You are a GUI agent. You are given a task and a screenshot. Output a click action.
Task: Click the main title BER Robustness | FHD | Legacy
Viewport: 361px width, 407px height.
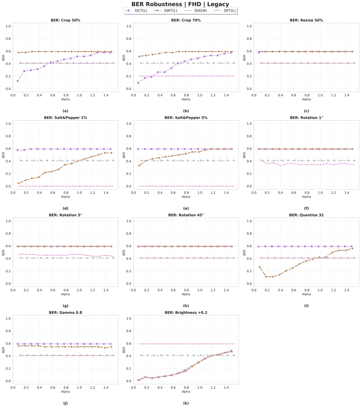[x=180, y=4]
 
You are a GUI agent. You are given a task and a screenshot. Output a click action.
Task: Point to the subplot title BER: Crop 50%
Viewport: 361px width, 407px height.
[x=65, y=20]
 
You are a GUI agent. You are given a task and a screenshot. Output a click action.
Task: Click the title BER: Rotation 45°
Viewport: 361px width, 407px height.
[x=186, y=215]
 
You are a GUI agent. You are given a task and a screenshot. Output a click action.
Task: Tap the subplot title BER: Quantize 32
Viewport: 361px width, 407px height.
[x=306, y=215]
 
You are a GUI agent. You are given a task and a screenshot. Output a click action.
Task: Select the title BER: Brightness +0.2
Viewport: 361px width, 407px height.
[x=186, y=313]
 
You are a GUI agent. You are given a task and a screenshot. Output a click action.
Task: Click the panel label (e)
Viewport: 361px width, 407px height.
[x=186, y=208]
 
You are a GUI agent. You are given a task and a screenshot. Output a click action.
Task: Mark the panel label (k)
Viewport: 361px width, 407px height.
[x=186, y=403]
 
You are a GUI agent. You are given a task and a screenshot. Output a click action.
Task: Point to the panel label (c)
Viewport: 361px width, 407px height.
[x=306, y=111]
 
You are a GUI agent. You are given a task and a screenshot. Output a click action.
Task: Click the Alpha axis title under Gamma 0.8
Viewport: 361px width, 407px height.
[x=65, y=392]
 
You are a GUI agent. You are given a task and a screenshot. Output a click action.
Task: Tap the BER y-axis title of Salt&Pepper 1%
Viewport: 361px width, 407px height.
[x=4, y=155]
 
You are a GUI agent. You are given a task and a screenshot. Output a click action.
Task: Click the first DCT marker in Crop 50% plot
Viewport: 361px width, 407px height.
[x=18, y=81]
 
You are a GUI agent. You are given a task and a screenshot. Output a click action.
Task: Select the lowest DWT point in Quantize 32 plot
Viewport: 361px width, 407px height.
[x=266, y=277]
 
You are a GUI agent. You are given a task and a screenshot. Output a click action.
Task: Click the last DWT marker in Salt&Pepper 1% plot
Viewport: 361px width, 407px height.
[x=111, y=153]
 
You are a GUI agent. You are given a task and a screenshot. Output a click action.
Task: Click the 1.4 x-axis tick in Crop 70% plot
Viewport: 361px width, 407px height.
[x=226, y=95]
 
